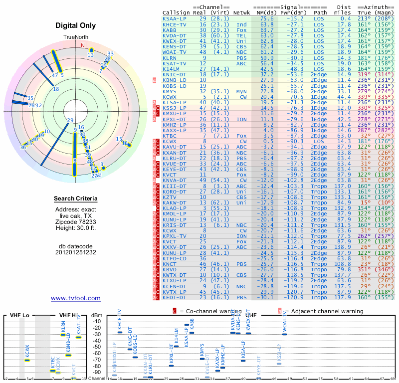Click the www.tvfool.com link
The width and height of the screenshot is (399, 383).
click(x=76, y=298)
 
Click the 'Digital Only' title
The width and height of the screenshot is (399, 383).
click(x=76, y=25)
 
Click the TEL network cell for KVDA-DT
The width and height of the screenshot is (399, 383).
click(x=241, y=35)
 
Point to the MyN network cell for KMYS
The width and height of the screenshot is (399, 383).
click(x=241, y=91)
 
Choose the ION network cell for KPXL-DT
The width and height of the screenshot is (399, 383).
click(x=241, y=119)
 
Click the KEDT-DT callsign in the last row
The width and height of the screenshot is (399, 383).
click(x=175, y=298)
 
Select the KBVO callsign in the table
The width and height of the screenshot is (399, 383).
click(x=171, y=270)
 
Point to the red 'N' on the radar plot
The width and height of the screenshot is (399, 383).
click(x=83, y=45)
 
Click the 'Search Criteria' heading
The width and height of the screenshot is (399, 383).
click(x=76, y=199)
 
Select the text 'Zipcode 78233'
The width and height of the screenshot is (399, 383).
click(x=76, y=221)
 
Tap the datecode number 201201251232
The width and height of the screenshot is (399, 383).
click(x=76, y=252)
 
